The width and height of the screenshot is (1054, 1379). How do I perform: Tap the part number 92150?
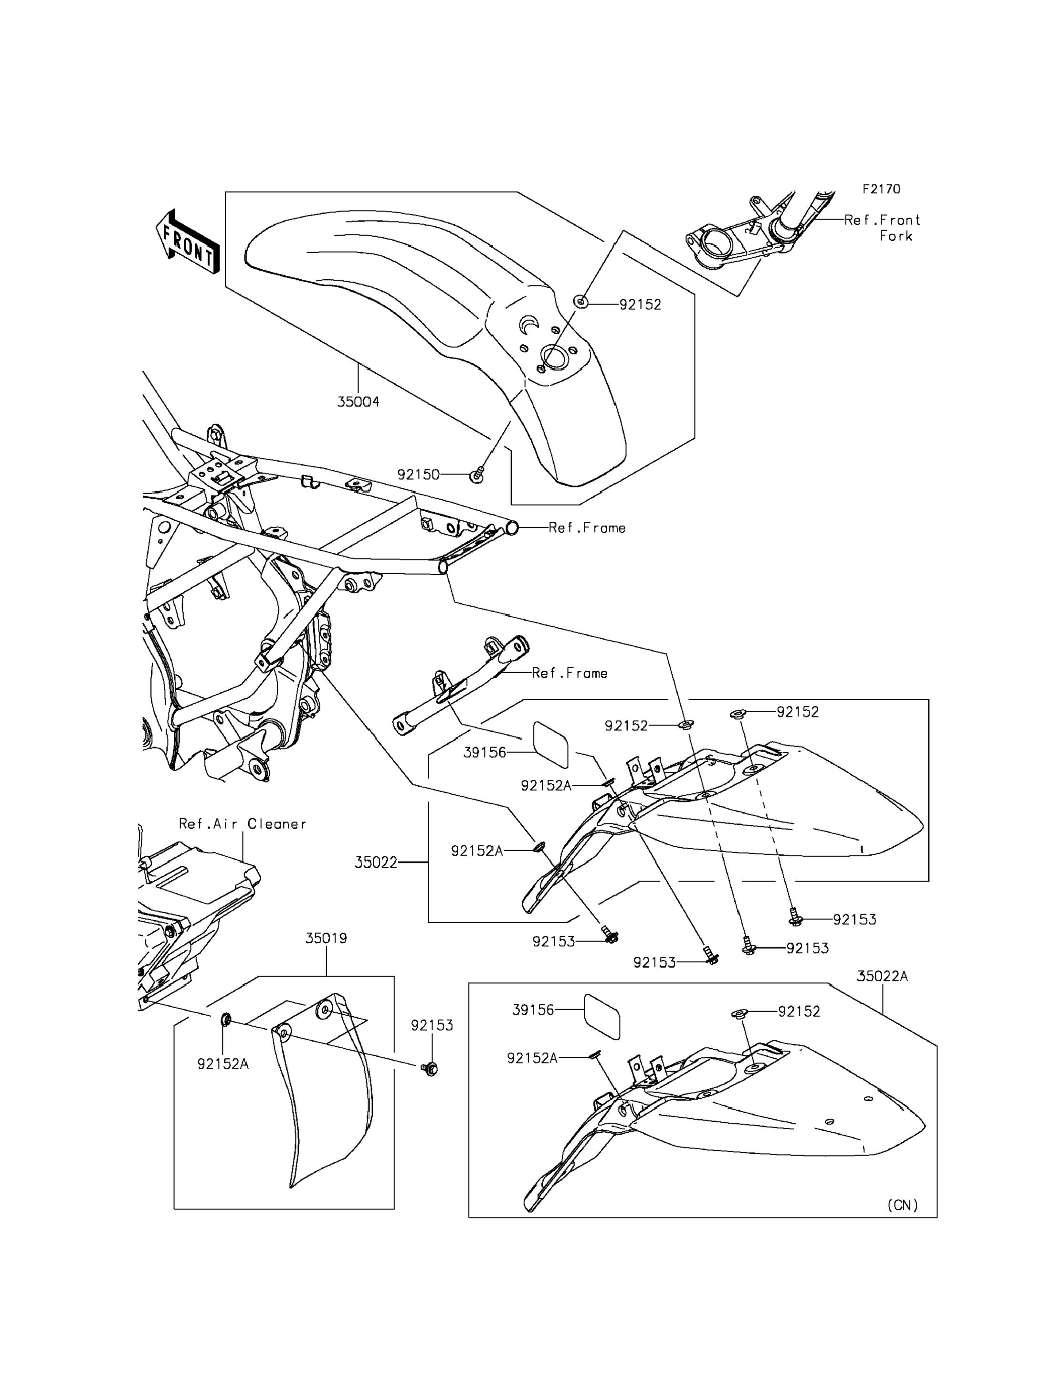click(419, 475)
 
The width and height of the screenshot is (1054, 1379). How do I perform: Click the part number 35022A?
click(882, 976)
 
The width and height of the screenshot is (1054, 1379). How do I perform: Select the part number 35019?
click(326, 938)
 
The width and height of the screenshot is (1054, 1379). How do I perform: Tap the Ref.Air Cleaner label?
click(243, 824)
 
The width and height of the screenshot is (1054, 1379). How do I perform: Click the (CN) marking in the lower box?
click(903, 1205)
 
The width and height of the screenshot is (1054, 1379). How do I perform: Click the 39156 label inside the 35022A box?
click(533, 1010)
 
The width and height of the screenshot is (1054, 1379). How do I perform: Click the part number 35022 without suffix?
click(376, 863)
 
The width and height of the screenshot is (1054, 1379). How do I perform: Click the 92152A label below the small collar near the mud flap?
click(223, 1064)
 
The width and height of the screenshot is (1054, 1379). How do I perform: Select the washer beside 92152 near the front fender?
click(581, 303)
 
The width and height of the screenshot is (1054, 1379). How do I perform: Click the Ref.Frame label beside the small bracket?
click(569, 673)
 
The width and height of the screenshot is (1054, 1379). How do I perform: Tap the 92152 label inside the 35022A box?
click(799, 1011)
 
